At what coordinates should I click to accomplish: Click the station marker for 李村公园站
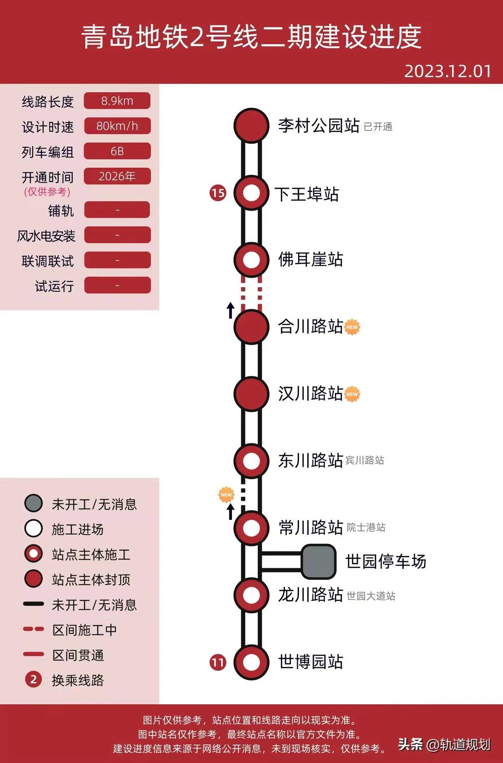(x=251, y=125)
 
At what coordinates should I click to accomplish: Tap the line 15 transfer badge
(x=218, y=193)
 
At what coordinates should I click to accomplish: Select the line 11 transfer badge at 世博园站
(x=218, y=662)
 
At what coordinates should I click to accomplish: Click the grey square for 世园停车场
(x=319, y=561)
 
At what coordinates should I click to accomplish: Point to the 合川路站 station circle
(x=251, y=327)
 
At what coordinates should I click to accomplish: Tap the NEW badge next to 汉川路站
(x=352, y=394)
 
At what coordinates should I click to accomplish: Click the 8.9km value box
(x=117, y=101)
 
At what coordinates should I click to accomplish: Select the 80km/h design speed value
(x=117, y=126)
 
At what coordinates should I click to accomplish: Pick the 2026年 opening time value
(x=117, y=176)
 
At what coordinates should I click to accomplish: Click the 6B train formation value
(x=117, y=151)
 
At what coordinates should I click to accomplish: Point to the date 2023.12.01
(x=448, y=71)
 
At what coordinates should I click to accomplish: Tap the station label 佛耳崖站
(x=311, y=259)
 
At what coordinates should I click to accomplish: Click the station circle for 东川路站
(x=251, y=461)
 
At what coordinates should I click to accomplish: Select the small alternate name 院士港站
(x=366, y=527)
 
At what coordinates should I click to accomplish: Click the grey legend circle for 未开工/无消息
(x=34, y=504)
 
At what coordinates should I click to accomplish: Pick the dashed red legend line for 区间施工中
(x=34, y=629)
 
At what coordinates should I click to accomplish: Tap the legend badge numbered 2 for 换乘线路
(x=34, y=680)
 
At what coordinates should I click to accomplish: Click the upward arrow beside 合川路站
(x=230, y=310)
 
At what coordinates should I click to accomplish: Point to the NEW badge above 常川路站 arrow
(x=226, y=495)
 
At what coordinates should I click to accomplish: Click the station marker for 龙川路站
(x=251, y=595)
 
